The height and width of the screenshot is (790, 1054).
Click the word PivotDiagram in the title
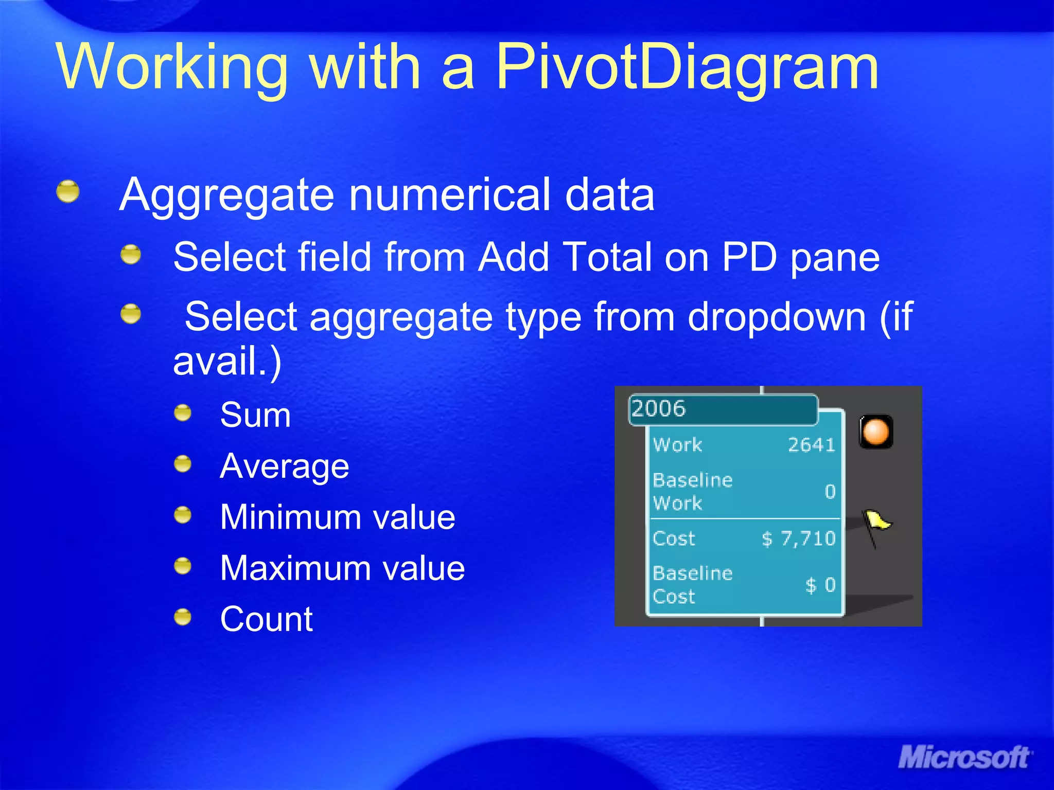click(x=687, y=67)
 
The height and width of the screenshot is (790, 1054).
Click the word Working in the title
click(x=173, y=67)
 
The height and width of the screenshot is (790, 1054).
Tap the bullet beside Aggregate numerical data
click(x=68, y=191)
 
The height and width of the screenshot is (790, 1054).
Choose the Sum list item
click(x=255, y=415)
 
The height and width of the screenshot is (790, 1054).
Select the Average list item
click(x=284, y=466)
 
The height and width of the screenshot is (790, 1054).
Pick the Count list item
click(x=266, y=618)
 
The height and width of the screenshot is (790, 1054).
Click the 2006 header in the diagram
click(x=659, y=409)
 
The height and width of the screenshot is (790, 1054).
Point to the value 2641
click(x=811, y=445)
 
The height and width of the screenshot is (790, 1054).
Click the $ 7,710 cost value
click(x=798, y=538)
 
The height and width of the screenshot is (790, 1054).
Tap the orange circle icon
click(x=875, y=431)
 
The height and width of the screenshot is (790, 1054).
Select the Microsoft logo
click(x=964, y=758)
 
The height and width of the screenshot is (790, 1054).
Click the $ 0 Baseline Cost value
click(x=820, y=585)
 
